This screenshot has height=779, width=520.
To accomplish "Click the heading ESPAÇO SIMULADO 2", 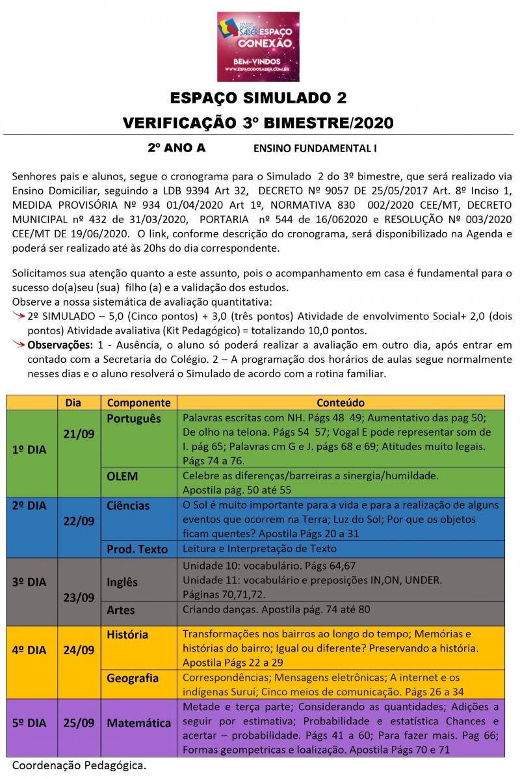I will (x=258, y=98).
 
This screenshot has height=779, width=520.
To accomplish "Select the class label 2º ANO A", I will (x=176, y=148).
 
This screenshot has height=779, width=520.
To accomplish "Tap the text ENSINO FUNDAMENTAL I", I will (x=315, y=148).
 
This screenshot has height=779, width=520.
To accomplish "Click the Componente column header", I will (x=138, y=403).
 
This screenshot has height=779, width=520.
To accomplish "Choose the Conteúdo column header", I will (x=341, y=403).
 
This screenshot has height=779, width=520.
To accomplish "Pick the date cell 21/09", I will (x=79, y=434).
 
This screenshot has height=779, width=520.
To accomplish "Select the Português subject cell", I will (x=133, y=418).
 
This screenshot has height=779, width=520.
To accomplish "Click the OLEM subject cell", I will (x=122, y=476).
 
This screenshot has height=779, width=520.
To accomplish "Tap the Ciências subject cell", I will (x=128, y=505).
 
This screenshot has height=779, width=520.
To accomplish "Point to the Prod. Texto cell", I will (x=137, y=549).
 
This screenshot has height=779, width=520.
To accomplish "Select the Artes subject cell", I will (x=121, y=611).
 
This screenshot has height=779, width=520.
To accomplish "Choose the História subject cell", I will (x=127, y=634).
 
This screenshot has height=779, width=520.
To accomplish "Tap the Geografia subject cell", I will (x=133, y=678).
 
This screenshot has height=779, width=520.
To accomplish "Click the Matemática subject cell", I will (x=138, y=722).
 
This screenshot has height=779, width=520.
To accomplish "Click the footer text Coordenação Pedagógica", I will (x=79, y=765).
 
